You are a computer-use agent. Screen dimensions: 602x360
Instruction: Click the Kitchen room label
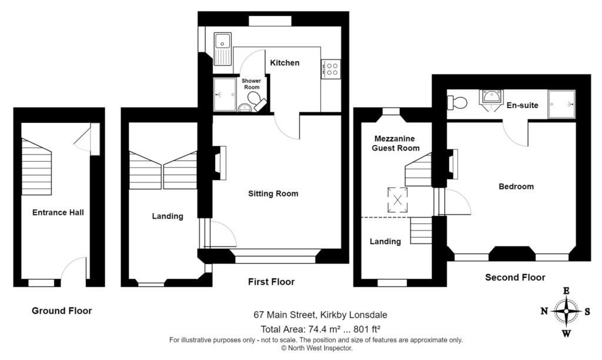tap(285, 62)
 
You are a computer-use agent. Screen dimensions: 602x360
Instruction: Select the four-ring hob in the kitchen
tap(331, 69)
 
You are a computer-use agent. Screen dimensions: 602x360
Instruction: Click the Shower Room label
tap(252, 84)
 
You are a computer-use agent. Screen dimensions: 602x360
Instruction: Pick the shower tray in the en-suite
tap(561, 104)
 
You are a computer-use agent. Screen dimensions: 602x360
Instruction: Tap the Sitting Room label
tap(273, 194)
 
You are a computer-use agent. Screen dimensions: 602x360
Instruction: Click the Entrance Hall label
tap(58, 212)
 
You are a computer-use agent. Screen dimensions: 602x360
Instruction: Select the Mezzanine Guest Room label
tap(396, 144)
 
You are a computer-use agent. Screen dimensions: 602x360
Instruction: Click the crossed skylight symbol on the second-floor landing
tap(398, 200)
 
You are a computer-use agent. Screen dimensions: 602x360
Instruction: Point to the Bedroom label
tap(516, 186)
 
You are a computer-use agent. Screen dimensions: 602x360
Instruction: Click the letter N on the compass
tap(544, 311)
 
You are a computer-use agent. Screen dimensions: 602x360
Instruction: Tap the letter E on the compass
tap(566, 291)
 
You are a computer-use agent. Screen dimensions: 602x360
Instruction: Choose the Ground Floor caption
tap(62, 311)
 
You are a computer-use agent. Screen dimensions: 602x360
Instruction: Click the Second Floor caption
tap(515, 278)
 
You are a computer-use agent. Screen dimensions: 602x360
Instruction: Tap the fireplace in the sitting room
tap(219, 163)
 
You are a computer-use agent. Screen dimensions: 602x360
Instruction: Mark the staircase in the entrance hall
tap(36, 166)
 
